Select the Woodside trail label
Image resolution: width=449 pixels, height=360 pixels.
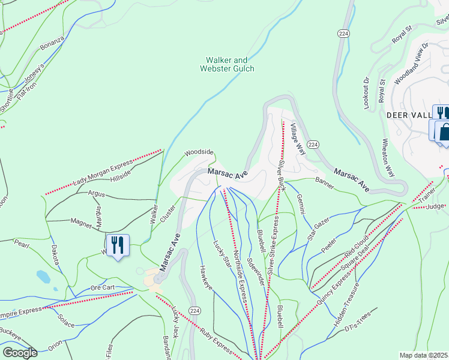(x=199, y=152)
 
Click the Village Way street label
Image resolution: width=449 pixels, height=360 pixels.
(x=298, y=139)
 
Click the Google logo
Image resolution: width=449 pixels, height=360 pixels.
(x=19, y=353)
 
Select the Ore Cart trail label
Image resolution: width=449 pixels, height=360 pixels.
(x=102, y=287)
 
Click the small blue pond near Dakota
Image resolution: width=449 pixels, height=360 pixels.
(x=43, y=276)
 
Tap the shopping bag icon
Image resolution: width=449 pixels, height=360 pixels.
(x=444, y=132)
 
